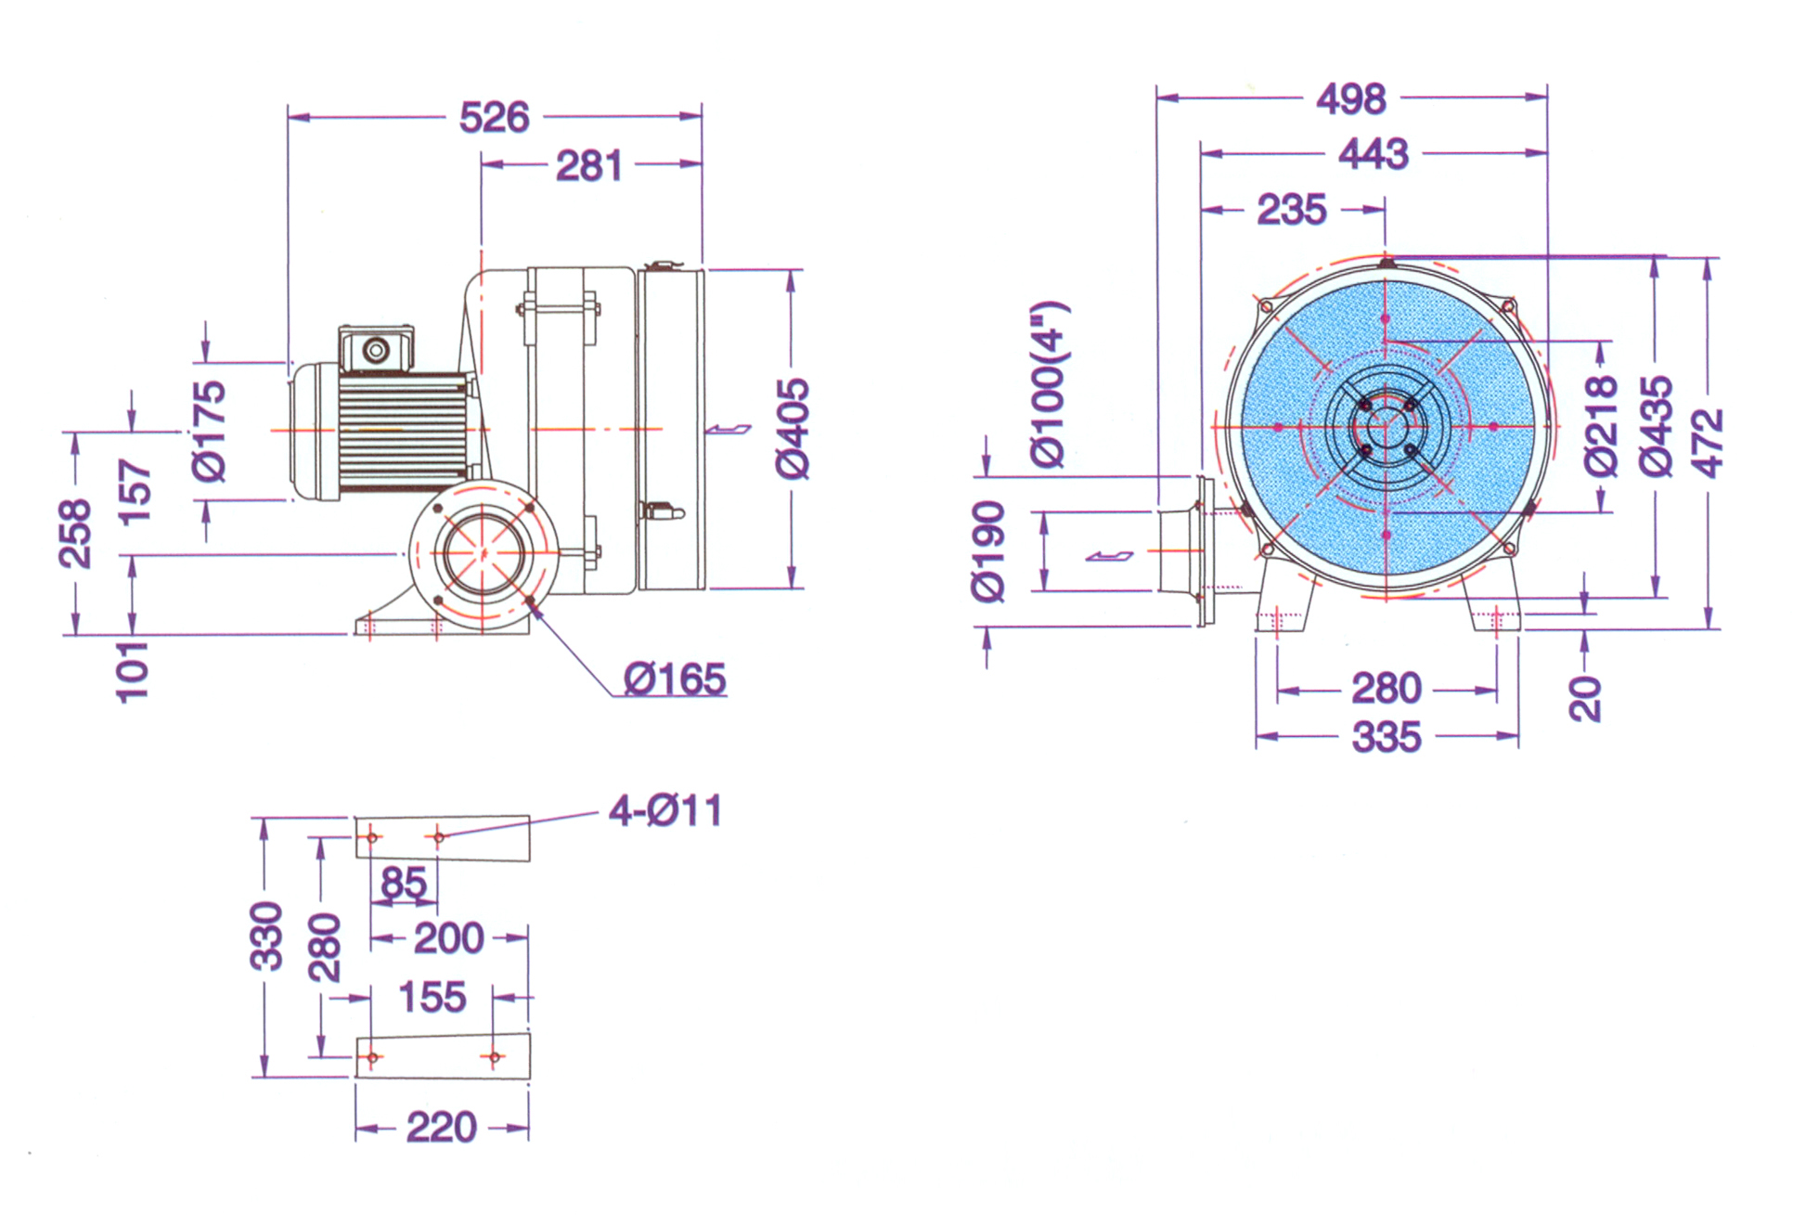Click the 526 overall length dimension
click(495, 118)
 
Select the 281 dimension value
click(588, 167)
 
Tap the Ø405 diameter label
click(793, 429)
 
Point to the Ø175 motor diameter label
click(210, 432)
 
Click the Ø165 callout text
click(675, 679)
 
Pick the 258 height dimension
click(75, 534)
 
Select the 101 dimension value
click(132, 671)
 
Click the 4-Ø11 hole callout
click(664, 811)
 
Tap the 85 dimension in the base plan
click(404, 883)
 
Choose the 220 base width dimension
click(442, 1128)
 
